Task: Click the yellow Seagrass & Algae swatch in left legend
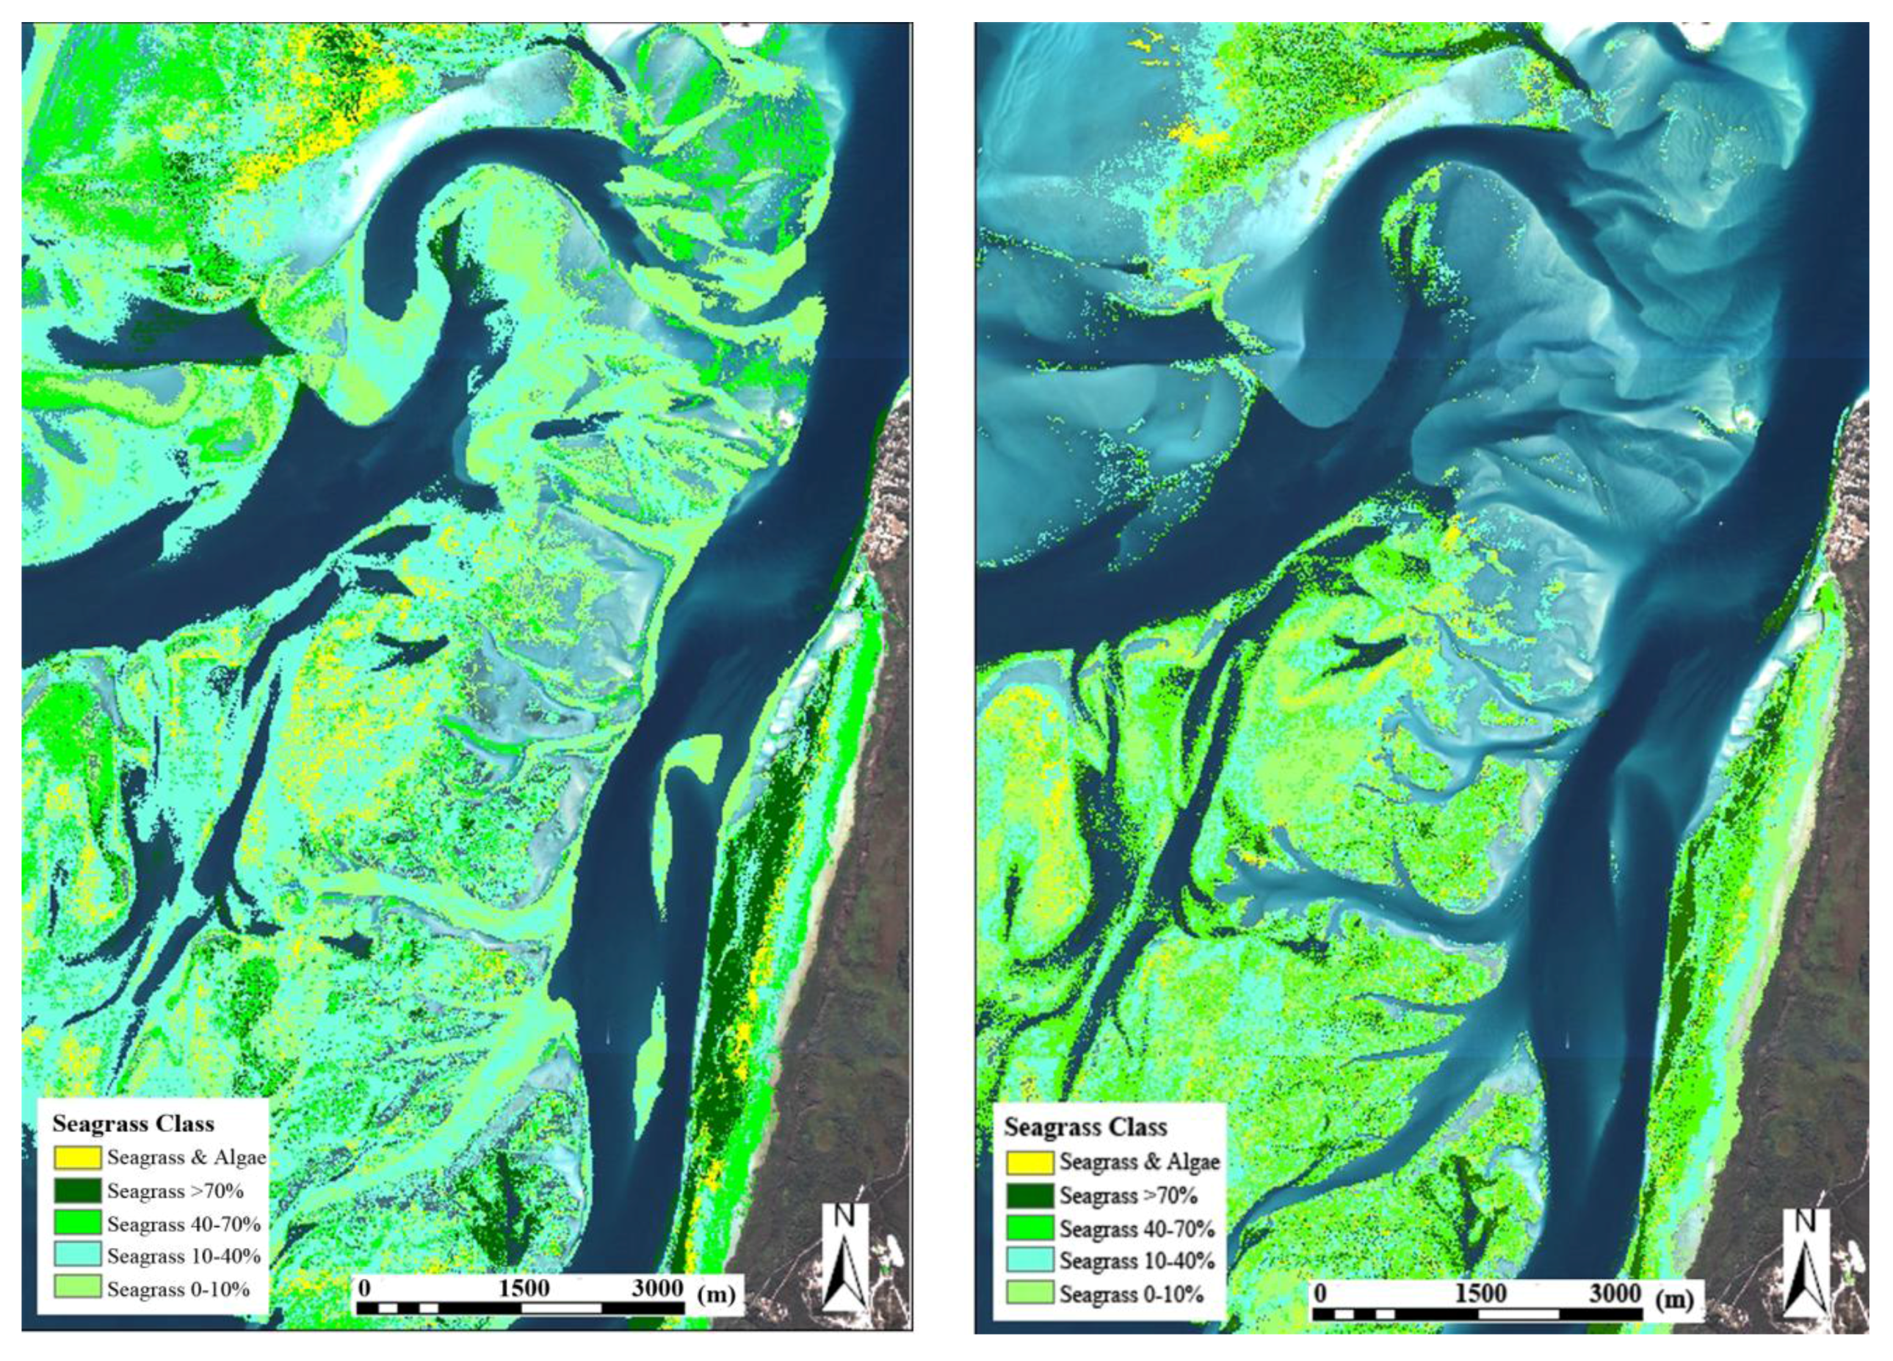point(78,1158)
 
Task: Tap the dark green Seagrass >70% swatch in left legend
point(78,1191)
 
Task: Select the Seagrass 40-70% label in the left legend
point(184,1224)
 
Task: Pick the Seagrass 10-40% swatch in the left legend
point(78,1255)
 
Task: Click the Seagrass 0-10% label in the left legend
point(178,1288)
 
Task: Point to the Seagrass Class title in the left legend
point(134,1123)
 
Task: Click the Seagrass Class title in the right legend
point(1085,1128)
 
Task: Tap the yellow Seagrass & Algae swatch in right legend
point(1030,1161)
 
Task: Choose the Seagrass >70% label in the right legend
point(1129,1195)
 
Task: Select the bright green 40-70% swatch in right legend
point(1030,1228)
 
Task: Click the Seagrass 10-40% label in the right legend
point(1137,1260)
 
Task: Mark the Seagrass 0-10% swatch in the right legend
point(1030,1293)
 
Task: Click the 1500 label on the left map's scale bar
point(524,1288)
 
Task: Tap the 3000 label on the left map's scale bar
point(657,1288)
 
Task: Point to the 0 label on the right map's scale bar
point(1320,1293)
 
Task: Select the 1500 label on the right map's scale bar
point(1480,1293)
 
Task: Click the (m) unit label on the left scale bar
point(716,1294)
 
